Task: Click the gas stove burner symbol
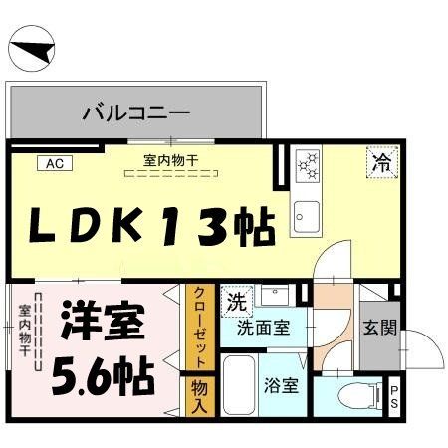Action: (x=308, y=165)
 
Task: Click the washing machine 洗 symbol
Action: (x=235, y=299)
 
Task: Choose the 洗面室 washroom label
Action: (x=264, y=327)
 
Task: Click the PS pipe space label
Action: (x=395, y=396)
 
